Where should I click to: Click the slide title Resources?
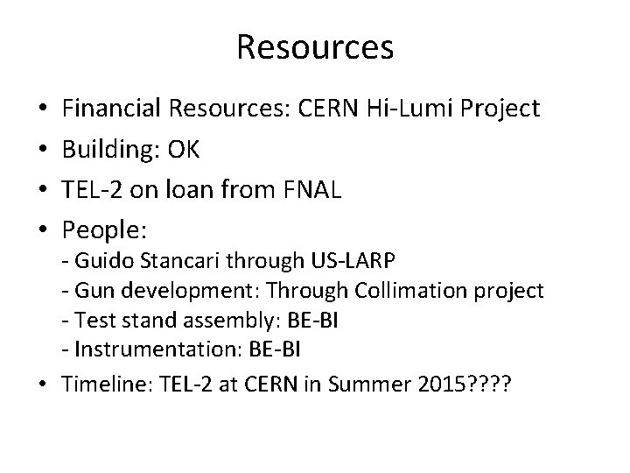[x=314, y=47]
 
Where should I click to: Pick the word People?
[x=103, y=231]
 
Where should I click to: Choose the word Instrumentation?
[x=143, y=349]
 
